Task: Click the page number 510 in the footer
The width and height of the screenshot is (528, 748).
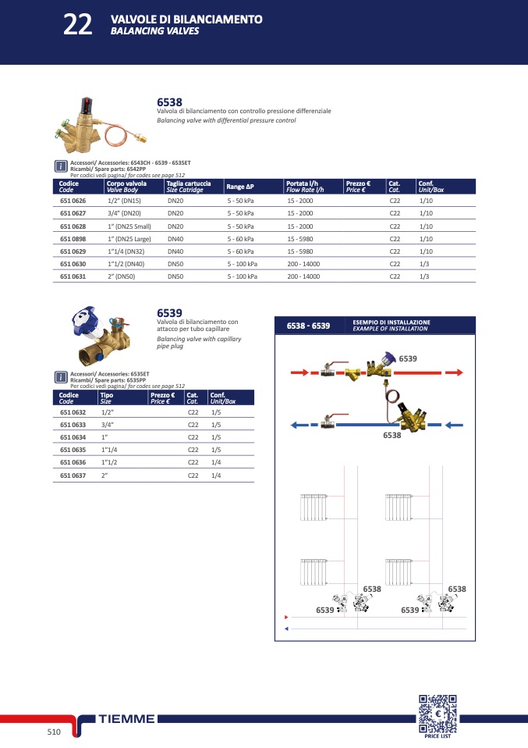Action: [54, 732]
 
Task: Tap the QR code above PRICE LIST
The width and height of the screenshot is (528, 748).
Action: [438, 714]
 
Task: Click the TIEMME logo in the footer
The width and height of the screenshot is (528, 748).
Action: [127, 719]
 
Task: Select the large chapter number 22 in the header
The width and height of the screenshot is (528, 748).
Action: [78, 24]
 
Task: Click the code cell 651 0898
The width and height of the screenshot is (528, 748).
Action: [73, 239]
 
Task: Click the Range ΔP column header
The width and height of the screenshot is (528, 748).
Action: [240, 187]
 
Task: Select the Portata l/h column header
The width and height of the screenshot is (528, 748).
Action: [302, 183]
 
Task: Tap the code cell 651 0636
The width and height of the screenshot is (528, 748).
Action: [73, 462]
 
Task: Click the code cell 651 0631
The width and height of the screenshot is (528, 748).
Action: [73, 276]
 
